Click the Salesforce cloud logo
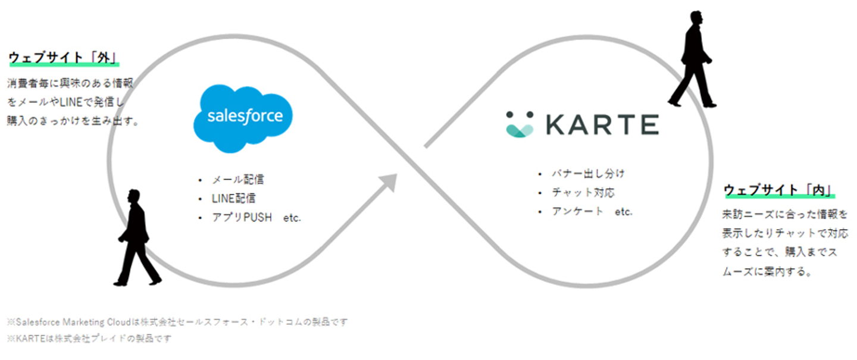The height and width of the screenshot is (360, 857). (x=243, y=117)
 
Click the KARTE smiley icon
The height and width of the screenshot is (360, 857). (x=520, y=124)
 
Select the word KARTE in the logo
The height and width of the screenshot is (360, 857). (x=601, y=124)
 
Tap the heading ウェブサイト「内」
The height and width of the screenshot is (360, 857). (x=779, y=190)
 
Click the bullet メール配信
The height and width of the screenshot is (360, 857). (x=237, y=179)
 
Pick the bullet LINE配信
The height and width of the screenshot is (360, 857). (x=233, y=198)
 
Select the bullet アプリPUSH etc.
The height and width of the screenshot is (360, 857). (x=256, y=217)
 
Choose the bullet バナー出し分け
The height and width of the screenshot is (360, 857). (x=588, y=174)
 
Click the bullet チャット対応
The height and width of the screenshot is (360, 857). (x=583, y=193)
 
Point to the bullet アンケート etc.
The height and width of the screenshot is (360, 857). (x=592, y=211)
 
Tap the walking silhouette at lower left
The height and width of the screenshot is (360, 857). (x=137, y=238)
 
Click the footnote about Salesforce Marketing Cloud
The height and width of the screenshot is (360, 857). (x=177, y=322)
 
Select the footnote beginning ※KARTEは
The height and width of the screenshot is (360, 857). (x=89, y=339)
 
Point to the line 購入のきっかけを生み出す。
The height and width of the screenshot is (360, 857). (x=73, y=121)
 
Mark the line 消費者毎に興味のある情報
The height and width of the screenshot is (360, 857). (x=68, y=83)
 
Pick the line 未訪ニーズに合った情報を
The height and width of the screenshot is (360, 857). (x=785, y=214)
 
